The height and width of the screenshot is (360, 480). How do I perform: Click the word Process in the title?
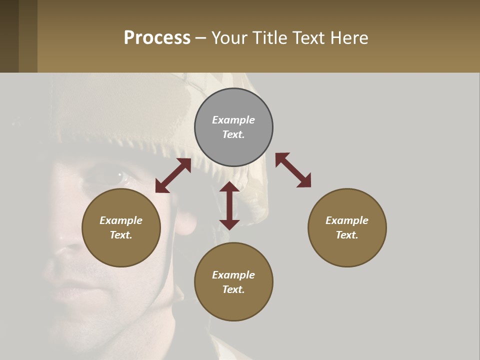(157, 38)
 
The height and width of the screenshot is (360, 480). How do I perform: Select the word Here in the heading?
(348, 38)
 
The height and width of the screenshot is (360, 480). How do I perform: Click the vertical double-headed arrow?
(229, 205)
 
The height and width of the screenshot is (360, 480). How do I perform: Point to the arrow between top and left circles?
(173, 175)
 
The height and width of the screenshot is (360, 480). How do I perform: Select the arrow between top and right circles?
(293, 170)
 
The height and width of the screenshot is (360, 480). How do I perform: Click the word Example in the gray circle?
(233, 120)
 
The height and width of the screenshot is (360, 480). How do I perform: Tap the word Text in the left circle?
(121, 235)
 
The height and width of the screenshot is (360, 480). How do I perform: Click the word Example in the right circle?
(347, 220)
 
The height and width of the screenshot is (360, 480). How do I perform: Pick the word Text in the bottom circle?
(233, 289)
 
